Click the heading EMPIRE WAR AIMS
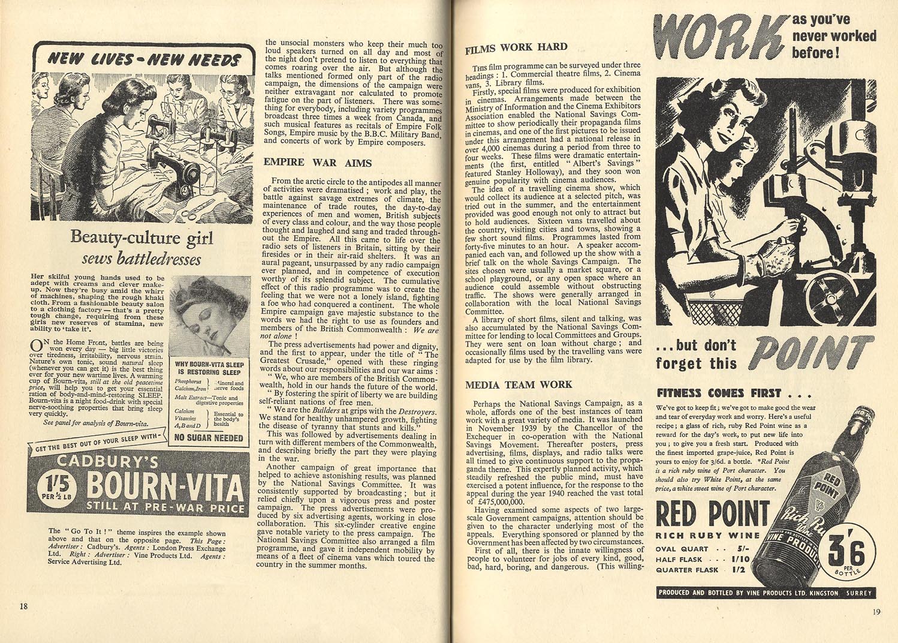pyautogui.click(x=318, y=163)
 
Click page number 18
pyautogui.click(x=23, y=606)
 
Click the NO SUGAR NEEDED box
pyautogui.click(x=209, y=437)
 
